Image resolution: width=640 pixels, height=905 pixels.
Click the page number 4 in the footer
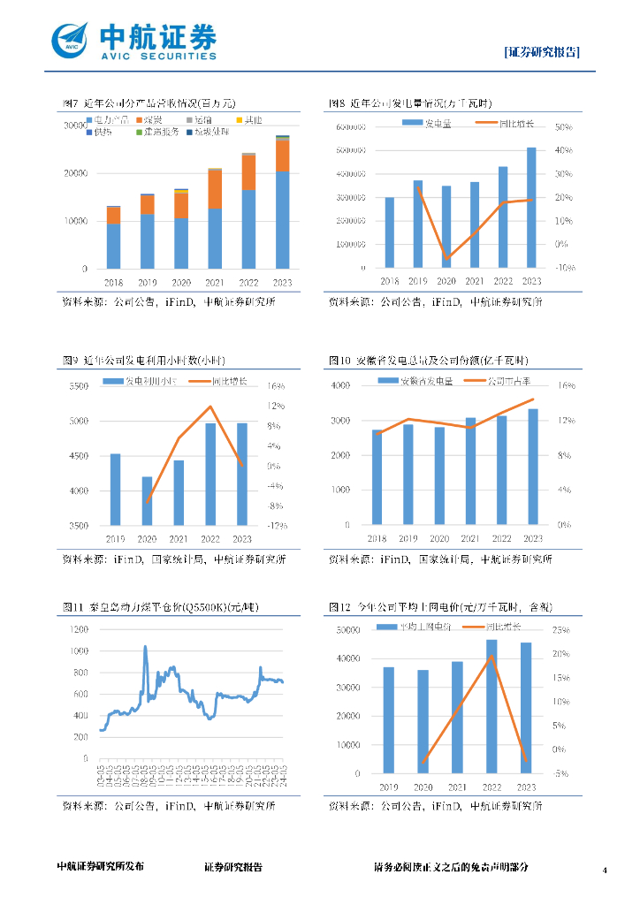coord(605,871)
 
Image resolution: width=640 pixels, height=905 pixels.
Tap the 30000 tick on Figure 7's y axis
coord(74,126)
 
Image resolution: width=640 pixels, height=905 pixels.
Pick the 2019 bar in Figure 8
coord(418,224)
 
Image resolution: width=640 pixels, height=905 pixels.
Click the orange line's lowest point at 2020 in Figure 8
coord(447,257)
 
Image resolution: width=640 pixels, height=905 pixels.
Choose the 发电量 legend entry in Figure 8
coord(432,122)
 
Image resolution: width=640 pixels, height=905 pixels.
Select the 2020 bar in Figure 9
coord(147,501)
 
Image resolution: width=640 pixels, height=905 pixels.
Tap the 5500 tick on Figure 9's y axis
coord(79,386)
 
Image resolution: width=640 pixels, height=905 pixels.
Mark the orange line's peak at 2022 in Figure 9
coord(210,407)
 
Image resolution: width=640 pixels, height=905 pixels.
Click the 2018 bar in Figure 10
coord(377,477)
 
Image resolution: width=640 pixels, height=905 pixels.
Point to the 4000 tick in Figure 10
coord(340,386)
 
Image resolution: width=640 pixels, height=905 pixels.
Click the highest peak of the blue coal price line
coord(145,647)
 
